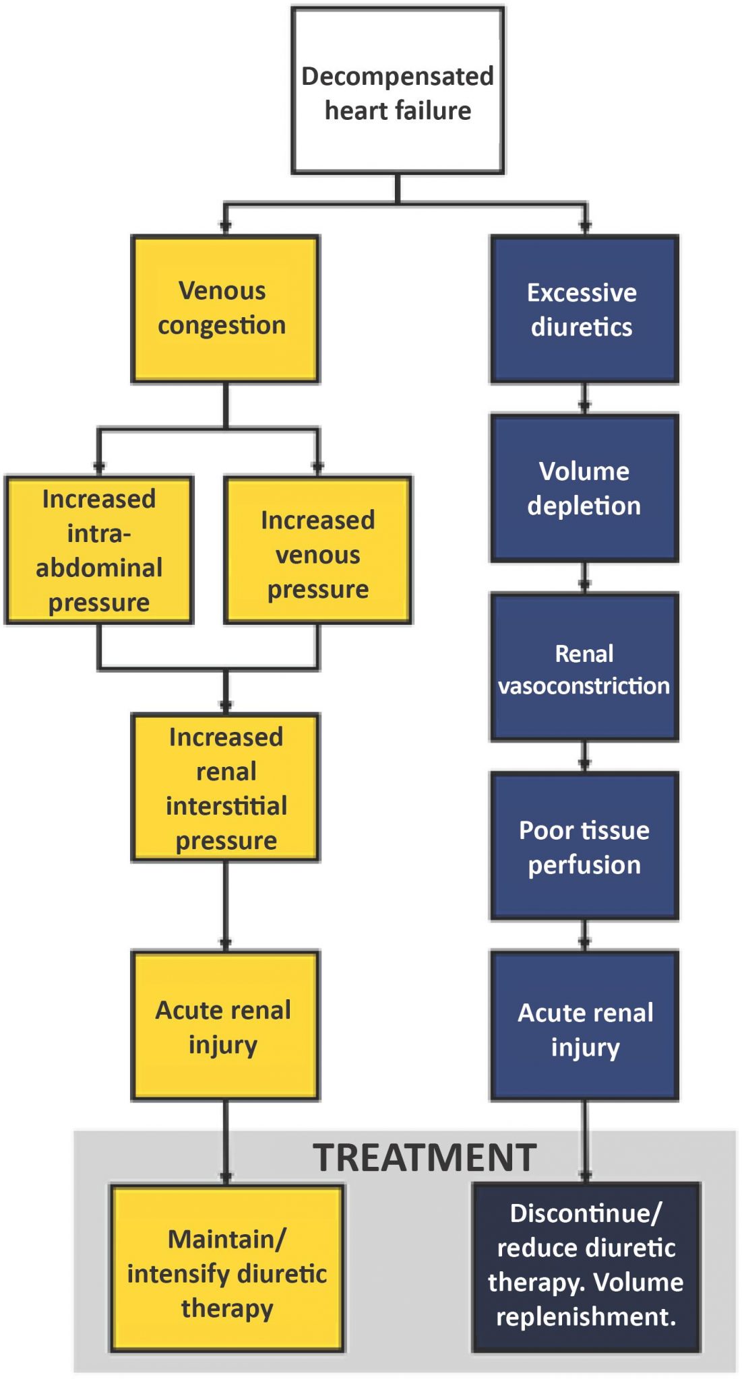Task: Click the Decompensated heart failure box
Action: click(398, 92)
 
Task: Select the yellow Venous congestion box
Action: click(224, 309)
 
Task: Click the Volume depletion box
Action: click(584, 488)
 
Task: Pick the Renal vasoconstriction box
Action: click(584, 667)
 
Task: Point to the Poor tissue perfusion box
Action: click(584, 846)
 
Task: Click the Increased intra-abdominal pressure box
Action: click(99, 550)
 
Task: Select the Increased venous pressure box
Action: click(317, 550)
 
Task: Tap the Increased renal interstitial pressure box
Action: click(225, 788)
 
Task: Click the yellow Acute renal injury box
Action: click(225, 1025)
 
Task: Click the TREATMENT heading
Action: click(425, 1157)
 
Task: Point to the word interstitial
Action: click(226, 806)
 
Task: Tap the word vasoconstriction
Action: click(584, 685)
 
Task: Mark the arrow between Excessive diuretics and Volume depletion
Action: click(584, 399)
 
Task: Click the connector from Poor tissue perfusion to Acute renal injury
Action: click(584, 935)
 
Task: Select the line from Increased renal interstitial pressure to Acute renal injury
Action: click(225, 906)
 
